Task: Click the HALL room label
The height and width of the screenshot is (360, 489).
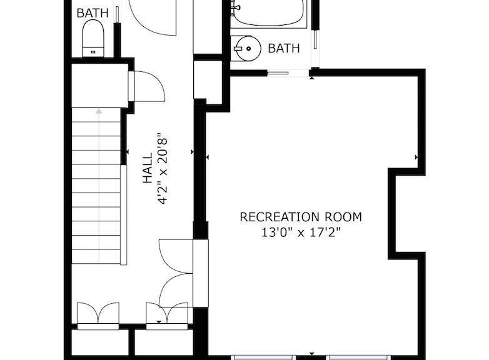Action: pyautogui.click(x=147, y=167)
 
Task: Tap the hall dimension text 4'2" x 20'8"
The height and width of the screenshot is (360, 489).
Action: pyautogui.click(x=163, y=168)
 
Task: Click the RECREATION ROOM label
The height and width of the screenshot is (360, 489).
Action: pyautogui.click(x=301, y=217)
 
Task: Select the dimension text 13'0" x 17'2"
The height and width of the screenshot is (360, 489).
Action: pyautogui.click(x=301, y=232)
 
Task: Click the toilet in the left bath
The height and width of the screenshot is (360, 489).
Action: pyautogui.click(x=93, y=38)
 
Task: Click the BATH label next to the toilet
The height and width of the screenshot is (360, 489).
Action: pyautogui.click(x=93, y=13)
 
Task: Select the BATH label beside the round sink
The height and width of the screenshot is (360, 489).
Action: pyautogui.click(x=284, y=48)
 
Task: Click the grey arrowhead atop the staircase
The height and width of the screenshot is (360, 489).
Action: pyautogui.click(x=99, y=111)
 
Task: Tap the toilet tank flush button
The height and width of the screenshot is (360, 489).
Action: pyautogui.click(x=93, y=52)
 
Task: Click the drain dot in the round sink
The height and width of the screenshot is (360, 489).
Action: pyautogui.click(x=248, y=48)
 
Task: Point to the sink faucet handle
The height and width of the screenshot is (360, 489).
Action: pyautogui.click(x=238, y=49)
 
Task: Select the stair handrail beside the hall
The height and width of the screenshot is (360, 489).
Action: pyautogui.click(x=123, y=215)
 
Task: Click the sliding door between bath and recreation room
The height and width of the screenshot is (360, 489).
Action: pyautogui.click(x=278, y=73)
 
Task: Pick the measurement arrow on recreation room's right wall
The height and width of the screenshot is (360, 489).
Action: pyautogui.click(x=416, y=157)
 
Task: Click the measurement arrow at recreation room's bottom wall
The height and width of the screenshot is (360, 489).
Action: pyautogui.click(x=312, y=354)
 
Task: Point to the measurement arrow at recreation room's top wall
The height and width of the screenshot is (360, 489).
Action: pyautogui.click(x=312, y=78)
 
